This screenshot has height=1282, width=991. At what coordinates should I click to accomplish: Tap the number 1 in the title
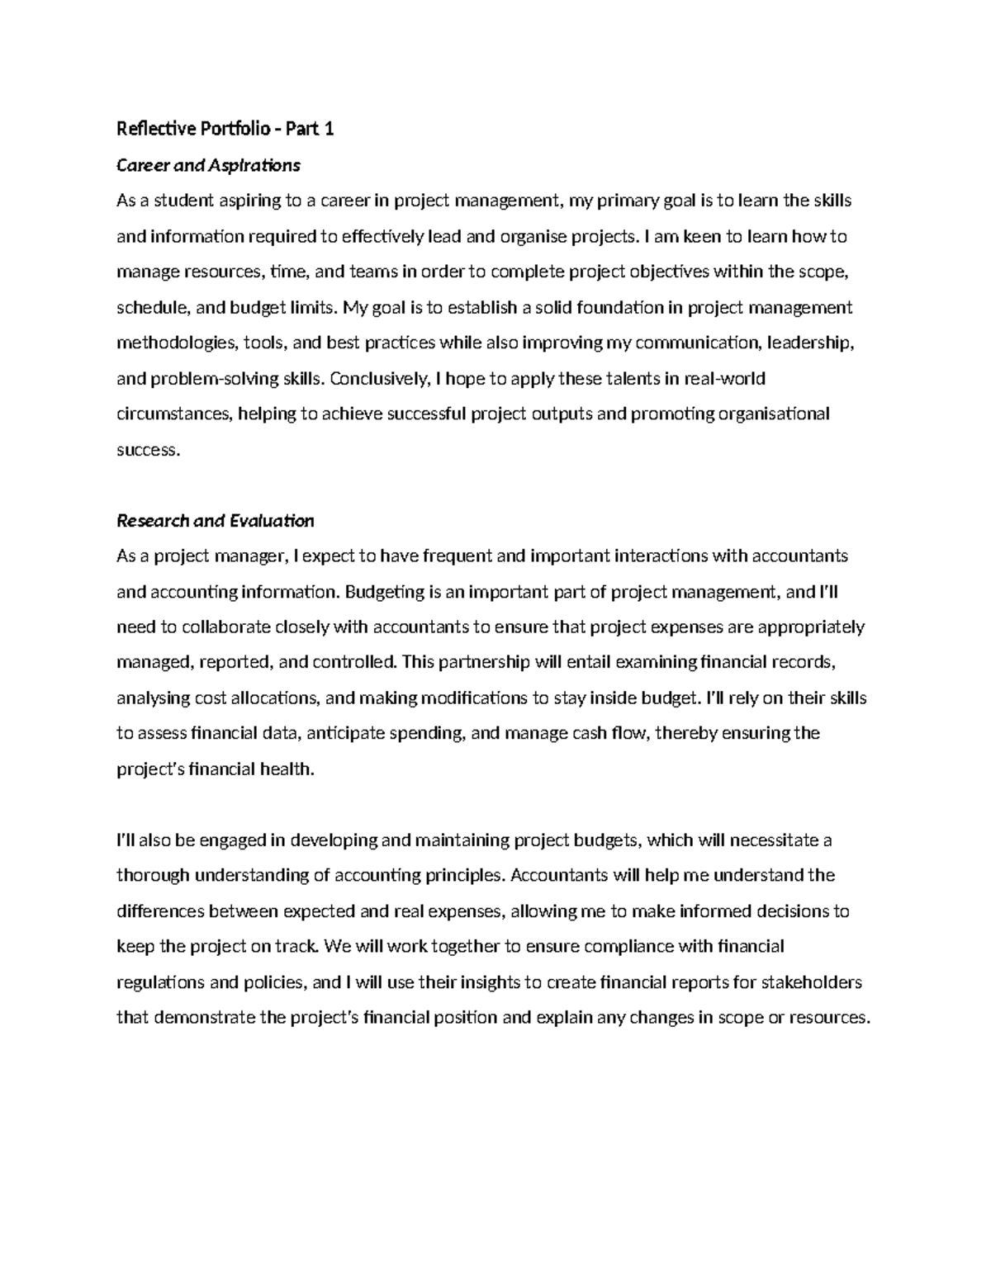[x=329, y=129]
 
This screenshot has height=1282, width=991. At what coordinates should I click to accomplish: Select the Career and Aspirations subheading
[x=208, y=165]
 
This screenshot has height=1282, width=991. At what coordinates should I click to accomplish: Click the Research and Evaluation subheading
[x=215, y=521]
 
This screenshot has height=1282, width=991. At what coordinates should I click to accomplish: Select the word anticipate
[x=363, y=734]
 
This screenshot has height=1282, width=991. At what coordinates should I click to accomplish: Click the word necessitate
[x=776, y=841]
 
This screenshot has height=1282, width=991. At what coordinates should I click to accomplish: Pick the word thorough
[x=153, y=876]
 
